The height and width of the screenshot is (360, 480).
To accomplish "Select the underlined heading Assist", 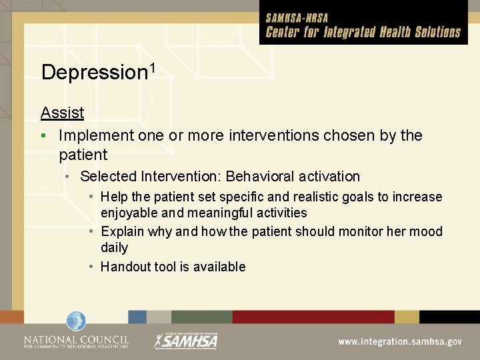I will [x=62, y=113].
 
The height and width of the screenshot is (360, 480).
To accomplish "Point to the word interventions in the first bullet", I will [x=278, y=135].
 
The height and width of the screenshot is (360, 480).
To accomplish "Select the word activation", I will [x=327, y=177].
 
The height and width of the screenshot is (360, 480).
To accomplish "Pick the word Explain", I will [x=122, y=232].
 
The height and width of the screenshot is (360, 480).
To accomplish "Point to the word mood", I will [x=427, y=232].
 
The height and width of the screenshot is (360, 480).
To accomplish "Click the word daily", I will [x=114, y=248].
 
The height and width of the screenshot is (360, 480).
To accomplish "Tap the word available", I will [x=219, y=267].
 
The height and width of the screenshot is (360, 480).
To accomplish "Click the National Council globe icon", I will [x=75, y=322].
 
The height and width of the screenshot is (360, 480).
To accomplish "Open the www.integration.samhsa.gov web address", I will [x=399, y=341].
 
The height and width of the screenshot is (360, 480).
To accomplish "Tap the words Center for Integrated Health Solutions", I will [x=363, y=32].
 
